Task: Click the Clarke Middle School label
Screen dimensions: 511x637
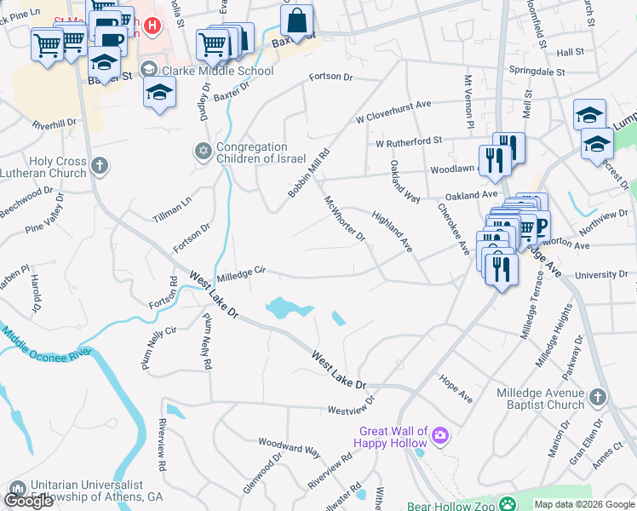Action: (x=216, y=71)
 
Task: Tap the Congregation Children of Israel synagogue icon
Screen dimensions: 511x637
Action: (x=203, y=151)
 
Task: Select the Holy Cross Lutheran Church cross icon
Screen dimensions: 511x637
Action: (x=100, y=165)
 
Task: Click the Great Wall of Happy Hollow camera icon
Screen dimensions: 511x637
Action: (x=440, y=437)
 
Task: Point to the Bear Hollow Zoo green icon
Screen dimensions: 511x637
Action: (x=508, y=505)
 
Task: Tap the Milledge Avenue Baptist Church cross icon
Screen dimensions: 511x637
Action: (x=597, y=397)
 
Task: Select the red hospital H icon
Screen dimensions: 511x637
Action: (x=152, y=26)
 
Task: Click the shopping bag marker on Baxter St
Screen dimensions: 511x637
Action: (x=297, y=19)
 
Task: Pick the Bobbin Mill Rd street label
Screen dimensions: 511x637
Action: (x=308, y=171)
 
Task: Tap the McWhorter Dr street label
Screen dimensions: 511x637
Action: (x=344, y=218)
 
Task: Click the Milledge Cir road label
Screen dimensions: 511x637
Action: (x=242, y=272)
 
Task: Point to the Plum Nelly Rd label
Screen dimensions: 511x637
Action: (x=206, y=340)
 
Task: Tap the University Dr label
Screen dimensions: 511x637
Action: (x=600, y=275)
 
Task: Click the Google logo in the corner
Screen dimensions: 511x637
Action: (x=28, y=501)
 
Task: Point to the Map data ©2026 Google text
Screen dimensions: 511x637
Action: (x=583, y=504)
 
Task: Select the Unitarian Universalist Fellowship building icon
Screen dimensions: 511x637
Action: (x=16, y=490)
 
